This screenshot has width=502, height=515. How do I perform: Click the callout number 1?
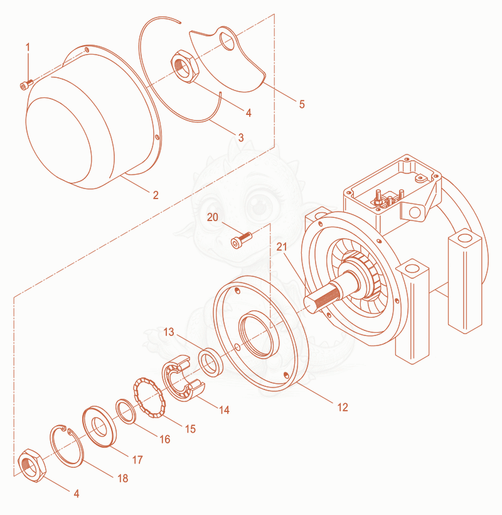[28, 47]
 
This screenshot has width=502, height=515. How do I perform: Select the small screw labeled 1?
[26, 84]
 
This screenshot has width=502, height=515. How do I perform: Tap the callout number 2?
[156, 195]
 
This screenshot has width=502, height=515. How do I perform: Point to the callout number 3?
[241, 138]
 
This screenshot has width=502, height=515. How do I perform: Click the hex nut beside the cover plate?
[184, 67]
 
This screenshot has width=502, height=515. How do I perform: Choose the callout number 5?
[302, 104]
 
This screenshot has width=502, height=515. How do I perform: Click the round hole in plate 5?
[227, 41]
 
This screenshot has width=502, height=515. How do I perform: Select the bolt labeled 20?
[242, 240]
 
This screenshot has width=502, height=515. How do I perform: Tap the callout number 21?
[282, 247]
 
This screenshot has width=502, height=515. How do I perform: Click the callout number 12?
[343, 407]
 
